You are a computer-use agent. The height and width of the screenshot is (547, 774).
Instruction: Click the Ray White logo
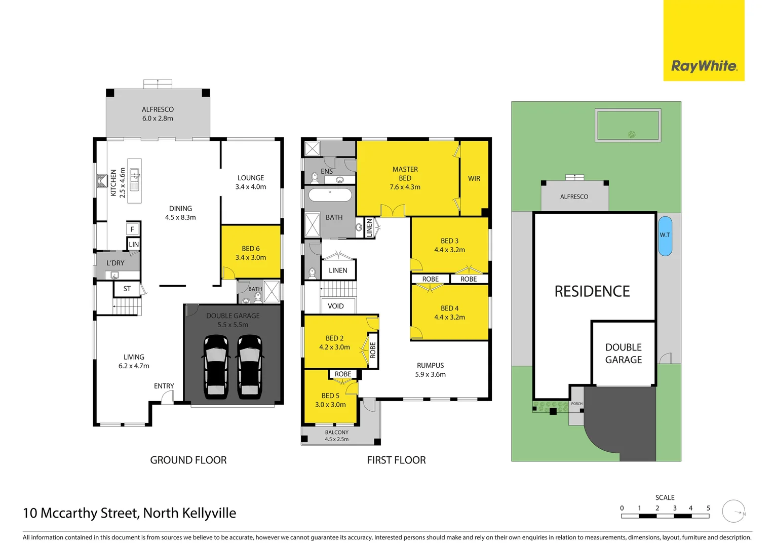[x=704, y=66]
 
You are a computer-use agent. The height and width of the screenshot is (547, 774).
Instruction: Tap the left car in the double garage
[x=216, y=366]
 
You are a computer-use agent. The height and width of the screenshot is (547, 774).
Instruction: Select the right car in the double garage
[x=250, y=366]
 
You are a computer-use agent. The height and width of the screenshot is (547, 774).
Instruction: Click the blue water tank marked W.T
[x=665, y=236]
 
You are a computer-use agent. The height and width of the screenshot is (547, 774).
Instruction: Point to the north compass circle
[x=733, y=511]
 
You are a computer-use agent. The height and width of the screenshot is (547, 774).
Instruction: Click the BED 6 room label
[x=251, y=253]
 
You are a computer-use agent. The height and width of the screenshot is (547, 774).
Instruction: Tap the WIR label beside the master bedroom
[x=474, y=178]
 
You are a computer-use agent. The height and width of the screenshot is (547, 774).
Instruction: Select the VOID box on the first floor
[x=336, y=306]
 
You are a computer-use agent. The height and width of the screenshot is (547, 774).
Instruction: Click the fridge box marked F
[x=132, y=229]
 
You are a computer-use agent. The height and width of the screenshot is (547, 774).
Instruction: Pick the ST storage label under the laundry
[x=127, y=289]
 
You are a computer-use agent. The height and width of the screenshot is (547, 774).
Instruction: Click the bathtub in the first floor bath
[x=330, y=196]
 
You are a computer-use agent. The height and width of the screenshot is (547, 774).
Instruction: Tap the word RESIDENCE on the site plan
[x=592, y=291]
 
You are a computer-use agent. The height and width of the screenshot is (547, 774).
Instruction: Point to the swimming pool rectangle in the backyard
[x=628, y=125]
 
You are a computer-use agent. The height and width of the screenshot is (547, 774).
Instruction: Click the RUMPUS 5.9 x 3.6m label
[x=430, y=370]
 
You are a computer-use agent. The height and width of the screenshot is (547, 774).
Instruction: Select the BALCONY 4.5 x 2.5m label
[x=337, y=436]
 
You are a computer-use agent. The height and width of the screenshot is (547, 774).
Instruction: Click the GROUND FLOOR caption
[x=188, y=460]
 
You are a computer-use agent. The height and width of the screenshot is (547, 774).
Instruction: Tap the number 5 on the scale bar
[x=708, y=508]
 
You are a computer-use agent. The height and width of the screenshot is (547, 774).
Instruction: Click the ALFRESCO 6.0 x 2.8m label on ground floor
[x=158, y=114]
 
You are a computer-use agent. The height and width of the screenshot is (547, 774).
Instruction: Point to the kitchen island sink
[x=134, y=177]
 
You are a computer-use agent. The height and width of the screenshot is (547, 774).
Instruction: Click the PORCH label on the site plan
[x=576, y=404]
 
